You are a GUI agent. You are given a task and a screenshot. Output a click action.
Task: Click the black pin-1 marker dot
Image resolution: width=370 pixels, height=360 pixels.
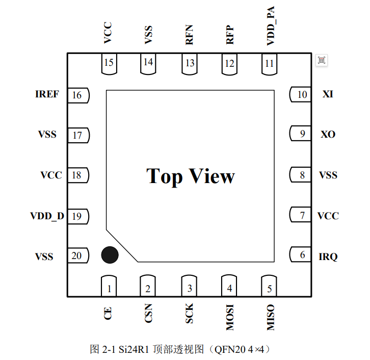coord(110,255)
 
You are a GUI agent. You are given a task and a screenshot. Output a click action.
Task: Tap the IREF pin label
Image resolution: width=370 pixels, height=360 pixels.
coord(47,94)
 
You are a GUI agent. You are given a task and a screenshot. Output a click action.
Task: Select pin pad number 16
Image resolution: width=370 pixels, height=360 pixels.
coord(78,95)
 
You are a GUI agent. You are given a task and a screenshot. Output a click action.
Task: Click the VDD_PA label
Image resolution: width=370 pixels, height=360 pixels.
coord(271,25)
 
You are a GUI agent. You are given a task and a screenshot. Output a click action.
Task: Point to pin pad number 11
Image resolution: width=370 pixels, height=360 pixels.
coord(269,64)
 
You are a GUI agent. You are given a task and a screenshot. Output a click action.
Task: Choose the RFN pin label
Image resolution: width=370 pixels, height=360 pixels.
coord(189,35)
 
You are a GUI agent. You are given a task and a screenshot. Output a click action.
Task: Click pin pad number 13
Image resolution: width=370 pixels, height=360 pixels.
coord(190,64)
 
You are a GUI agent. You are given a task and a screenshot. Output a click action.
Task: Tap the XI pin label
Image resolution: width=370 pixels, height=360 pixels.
coord(328,94)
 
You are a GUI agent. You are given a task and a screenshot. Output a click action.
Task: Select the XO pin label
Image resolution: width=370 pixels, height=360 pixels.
coord(328,134)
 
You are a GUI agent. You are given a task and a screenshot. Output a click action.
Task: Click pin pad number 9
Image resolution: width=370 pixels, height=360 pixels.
coord(300,134)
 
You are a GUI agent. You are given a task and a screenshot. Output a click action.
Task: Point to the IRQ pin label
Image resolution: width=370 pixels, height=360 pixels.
coord(328,256)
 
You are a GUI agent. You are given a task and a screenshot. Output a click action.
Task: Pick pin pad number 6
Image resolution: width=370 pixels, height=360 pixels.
coord(300,254)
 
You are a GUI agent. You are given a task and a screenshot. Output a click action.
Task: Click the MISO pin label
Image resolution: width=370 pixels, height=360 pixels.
coord(271,317)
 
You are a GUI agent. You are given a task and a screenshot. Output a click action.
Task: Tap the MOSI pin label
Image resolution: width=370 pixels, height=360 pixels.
coord(230,317)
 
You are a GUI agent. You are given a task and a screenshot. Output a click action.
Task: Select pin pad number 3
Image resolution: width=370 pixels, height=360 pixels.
coord(189,286)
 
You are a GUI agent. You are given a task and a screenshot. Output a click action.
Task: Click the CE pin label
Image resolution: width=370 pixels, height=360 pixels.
coord(108,313)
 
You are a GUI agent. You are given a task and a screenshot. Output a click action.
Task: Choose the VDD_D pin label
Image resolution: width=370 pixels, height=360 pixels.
coord(47,216)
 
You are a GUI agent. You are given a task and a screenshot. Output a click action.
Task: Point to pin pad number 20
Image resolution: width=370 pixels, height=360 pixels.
coord(78,255)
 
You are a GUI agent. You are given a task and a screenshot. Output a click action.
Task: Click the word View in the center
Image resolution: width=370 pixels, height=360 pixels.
coord(212,176)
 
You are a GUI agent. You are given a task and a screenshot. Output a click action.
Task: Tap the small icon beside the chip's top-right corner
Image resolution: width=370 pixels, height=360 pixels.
coord(322,60)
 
